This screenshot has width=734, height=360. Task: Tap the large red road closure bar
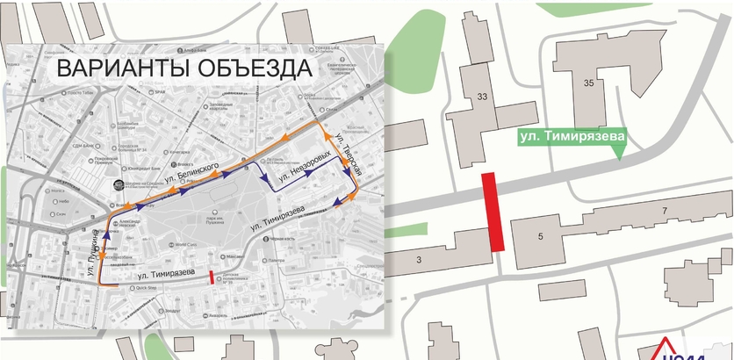coord(493,212)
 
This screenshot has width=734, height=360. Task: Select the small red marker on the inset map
coord(212,277)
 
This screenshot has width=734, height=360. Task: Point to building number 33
coord(482,97)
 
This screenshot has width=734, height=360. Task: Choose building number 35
coord(589,82)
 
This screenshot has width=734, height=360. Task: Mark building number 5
coord(541,235)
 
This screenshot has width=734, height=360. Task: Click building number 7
coord(665,210)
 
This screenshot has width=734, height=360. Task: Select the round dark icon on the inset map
coord(120,185)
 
